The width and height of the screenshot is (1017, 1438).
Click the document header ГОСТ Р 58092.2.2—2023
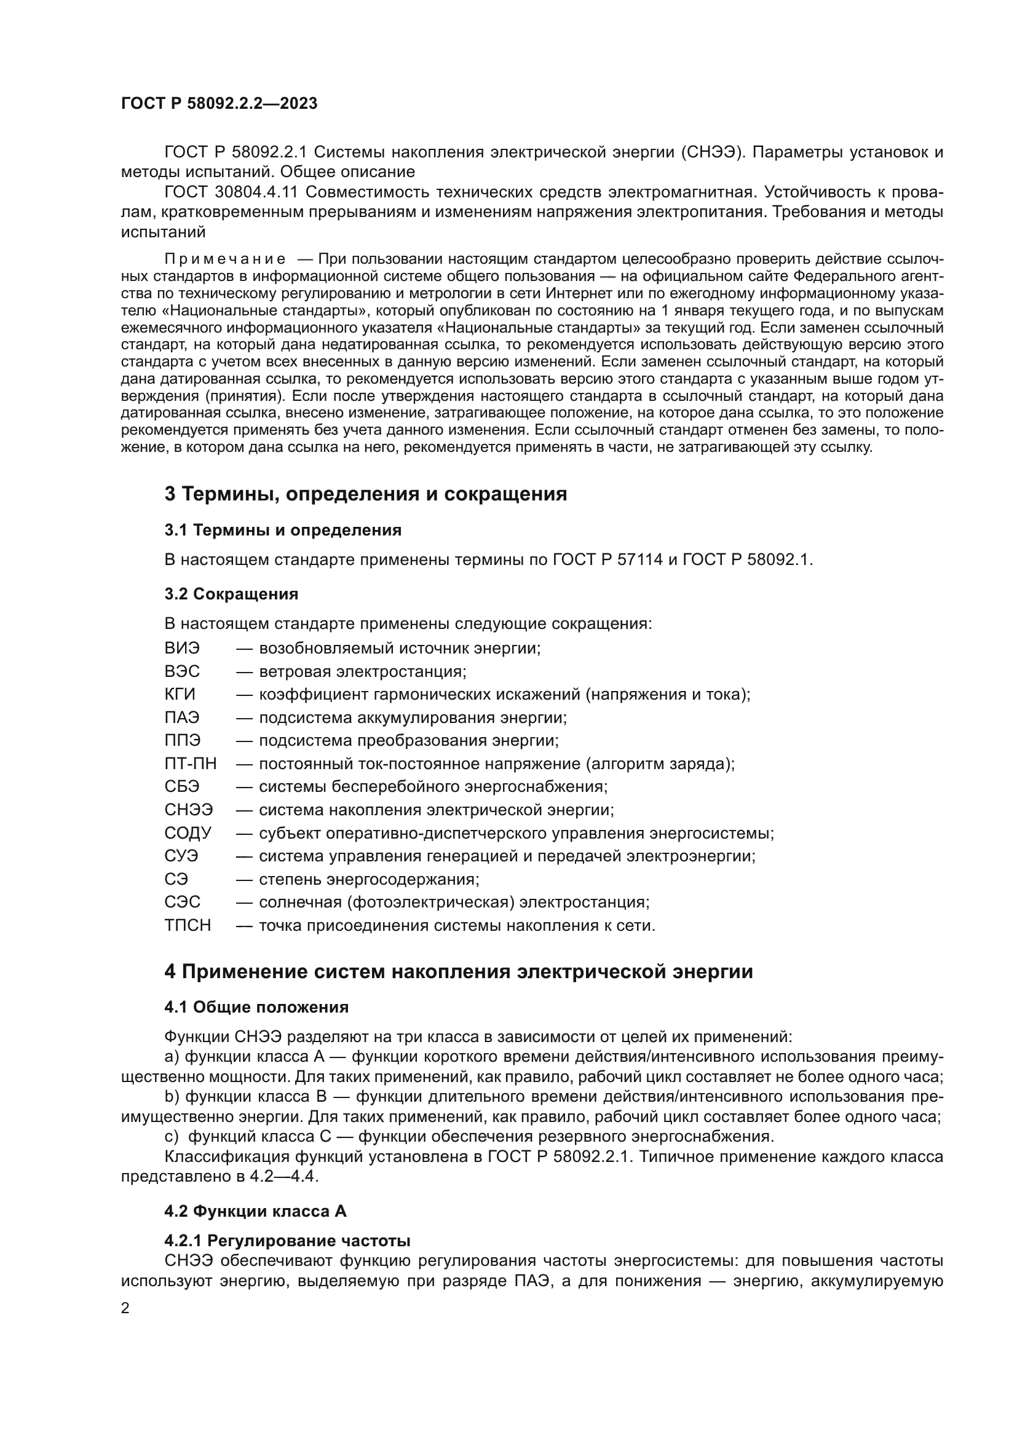pos(219,104)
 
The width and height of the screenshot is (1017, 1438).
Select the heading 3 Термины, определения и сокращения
pos(366,494)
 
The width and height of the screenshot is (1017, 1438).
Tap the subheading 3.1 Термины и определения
pos(282,531)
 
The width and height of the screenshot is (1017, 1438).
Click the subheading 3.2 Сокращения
pos(231,595)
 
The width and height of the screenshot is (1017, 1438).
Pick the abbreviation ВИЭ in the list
pos(181,648)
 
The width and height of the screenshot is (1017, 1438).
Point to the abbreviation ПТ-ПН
pos(191,764)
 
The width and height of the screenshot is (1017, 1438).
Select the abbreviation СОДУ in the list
pos(188,834)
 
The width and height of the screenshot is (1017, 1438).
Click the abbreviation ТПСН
pos(188,926)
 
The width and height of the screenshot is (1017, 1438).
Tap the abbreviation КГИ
pos(180,695)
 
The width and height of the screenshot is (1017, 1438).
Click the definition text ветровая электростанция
pos(362,672)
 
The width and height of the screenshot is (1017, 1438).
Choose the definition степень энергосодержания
pos(368,880)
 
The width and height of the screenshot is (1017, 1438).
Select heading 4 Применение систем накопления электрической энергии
pos(459,972)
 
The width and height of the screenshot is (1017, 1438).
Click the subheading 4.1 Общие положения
pos(256,1008)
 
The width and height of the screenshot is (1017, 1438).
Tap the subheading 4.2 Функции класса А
pos(255,1212)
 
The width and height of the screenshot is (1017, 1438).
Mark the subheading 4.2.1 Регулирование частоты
pos(287,1241)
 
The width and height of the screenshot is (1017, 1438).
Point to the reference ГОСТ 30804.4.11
pos(224,192)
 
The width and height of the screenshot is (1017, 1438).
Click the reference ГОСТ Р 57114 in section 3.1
pos(607,560)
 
